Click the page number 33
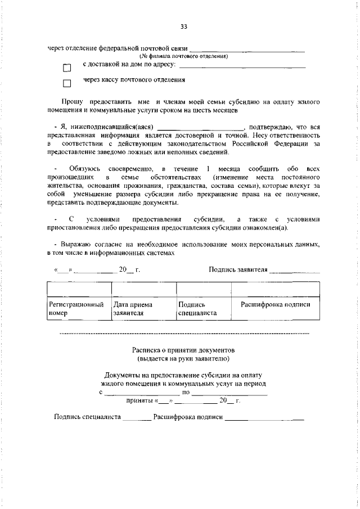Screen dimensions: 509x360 coord(183,26)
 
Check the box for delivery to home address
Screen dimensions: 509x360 coord(67,68)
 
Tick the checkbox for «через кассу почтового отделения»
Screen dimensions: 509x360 coord(67,84)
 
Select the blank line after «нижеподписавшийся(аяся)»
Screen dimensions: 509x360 coord(201,128)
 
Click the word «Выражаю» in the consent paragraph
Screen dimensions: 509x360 coord(75,245)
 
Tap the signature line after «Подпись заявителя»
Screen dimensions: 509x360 coord(294,270)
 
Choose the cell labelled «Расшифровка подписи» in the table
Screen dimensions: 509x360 coord(276,304)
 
